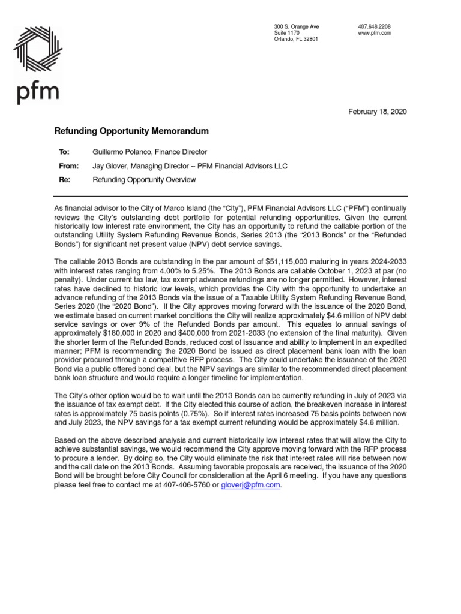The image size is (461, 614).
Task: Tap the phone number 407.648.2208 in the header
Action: [374, 27]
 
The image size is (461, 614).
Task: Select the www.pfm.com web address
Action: [374, 33]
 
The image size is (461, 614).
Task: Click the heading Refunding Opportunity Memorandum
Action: [132, 130]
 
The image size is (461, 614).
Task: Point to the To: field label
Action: [64, 152]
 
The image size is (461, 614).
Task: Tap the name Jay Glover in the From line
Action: [110, 166]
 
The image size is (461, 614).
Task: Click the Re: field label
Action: [63, 179]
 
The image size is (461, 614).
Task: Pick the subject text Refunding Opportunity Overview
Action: [144, 179]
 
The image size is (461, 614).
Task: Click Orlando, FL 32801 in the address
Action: [296, 39]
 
